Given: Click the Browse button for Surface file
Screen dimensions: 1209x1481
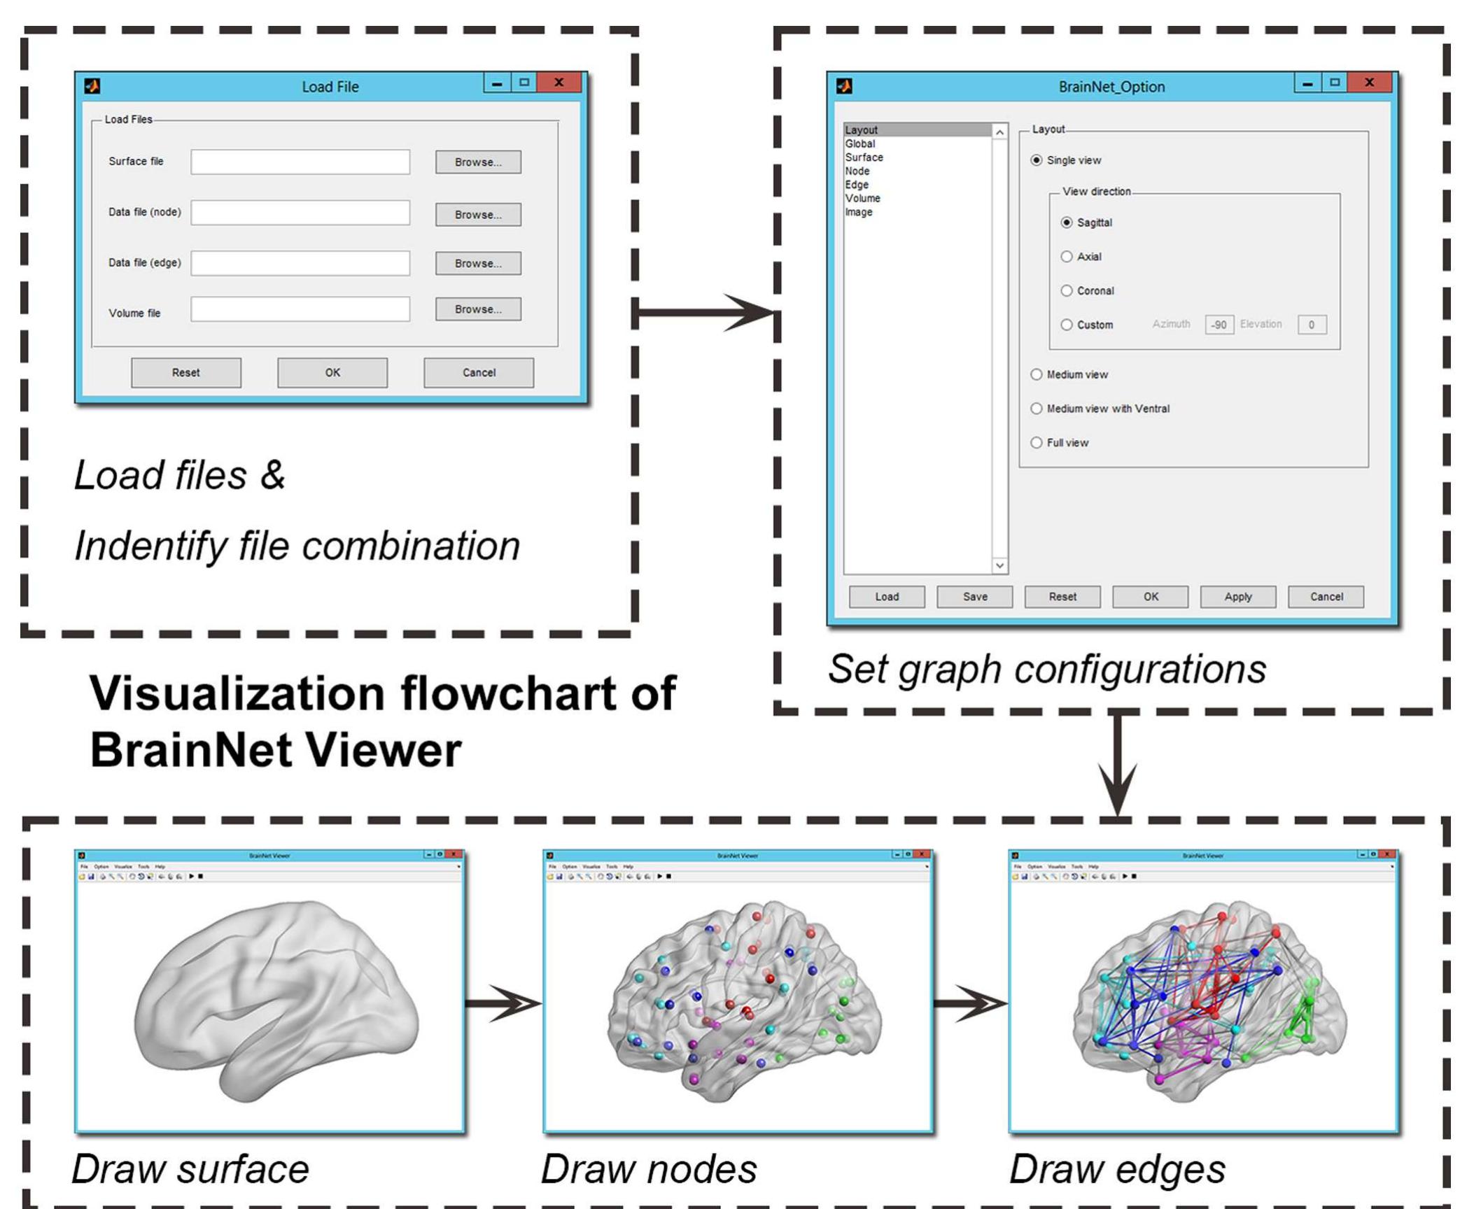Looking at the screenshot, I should (x=478, y=162).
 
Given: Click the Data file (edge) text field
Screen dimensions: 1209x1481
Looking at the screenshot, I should (x=300, y=263).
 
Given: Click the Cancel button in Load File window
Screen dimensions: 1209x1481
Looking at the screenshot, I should (x=478, y=372).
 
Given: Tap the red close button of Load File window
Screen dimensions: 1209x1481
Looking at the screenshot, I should (x=559, y=83).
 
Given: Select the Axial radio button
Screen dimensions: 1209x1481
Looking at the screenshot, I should (x=1066, y=257).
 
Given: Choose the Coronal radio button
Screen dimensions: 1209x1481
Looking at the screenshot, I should (x=1066, y=290).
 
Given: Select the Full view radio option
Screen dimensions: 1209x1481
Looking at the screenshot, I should (x=1037, y=442).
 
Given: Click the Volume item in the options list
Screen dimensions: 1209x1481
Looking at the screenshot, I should (x=862, y=198).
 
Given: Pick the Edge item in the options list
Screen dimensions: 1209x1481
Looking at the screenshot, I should (x=857, y=185).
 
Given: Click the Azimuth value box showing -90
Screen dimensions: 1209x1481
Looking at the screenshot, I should (x=1219, y=325).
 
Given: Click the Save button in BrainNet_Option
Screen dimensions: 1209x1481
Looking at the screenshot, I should (x=974, y=597).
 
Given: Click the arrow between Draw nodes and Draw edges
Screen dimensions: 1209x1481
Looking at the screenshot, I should (x=970, y=1003).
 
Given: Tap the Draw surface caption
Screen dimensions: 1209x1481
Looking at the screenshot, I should (x=190, y=1168).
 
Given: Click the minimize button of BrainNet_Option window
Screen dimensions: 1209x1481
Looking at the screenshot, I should (x=1307, y=83).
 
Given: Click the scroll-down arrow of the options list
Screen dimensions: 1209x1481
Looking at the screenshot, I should (x=999, y=565).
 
